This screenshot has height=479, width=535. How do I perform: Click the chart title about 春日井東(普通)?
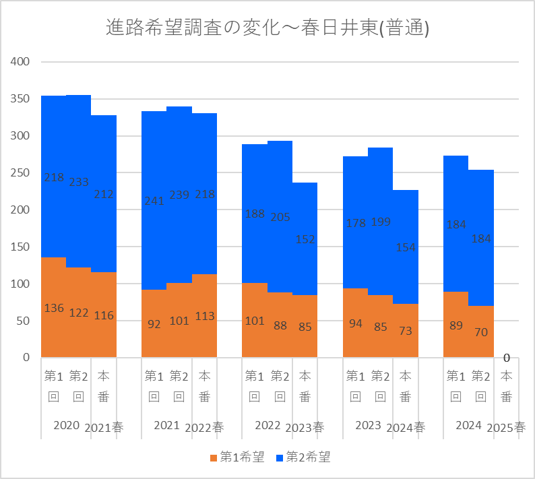(267, 28)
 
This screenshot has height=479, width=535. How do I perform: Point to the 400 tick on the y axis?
(22, 62)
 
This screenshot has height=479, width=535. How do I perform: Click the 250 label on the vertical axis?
(22, 173)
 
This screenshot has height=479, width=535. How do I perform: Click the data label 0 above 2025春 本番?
(506, 358)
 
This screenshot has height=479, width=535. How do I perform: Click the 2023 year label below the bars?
(368, 425)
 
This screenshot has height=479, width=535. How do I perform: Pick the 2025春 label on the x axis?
(505, 427)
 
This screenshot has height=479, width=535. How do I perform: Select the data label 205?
(280, 217)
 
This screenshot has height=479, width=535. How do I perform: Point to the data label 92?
(154, 324)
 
